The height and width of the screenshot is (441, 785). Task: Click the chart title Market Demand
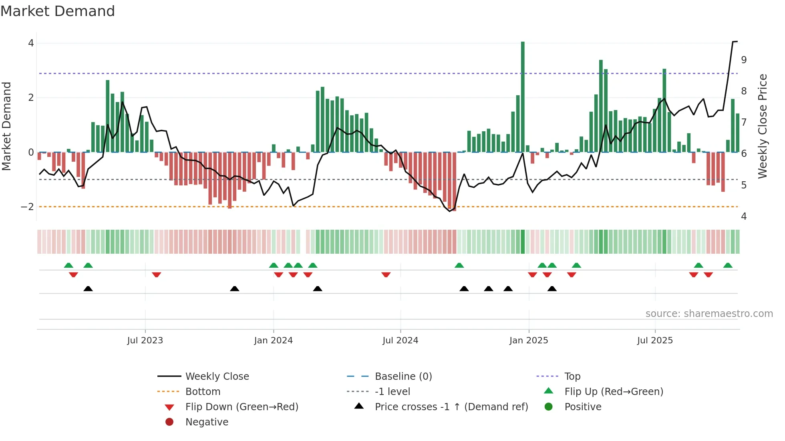coord(58,11)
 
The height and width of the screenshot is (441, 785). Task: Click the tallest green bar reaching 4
coord(523,96)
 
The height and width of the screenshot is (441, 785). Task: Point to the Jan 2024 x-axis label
coord(273,341)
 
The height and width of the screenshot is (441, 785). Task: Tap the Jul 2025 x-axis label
coord(655,341)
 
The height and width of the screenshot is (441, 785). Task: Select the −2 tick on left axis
coord(27,207)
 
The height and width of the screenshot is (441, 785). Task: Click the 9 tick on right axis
coord(744,60)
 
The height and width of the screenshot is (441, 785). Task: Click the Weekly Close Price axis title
coord(763,126)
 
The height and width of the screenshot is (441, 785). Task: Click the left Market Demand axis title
coord(6,126)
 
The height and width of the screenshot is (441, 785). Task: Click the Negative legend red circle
coord(169,422)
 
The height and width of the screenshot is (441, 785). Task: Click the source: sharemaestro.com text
coord(709,314)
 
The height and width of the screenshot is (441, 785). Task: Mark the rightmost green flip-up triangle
coord(728,265)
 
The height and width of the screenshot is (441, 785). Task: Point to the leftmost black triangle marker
coord(88,289)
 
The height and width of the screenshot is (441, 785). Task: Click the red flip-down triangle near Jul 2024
coord(386,275)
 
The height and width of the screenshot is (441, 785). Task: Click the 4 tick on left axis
coord(31,43)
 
